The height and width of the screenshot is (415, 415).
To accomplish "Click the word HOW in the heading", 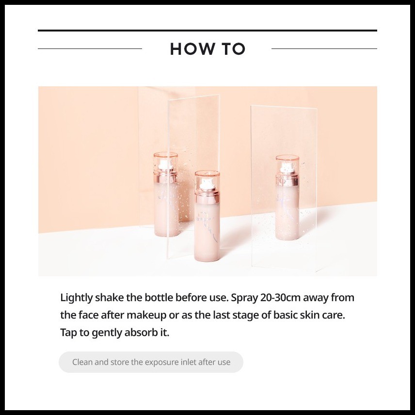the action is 192,49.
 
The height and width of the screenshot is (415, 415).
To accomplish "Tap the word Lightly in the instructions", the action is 76,298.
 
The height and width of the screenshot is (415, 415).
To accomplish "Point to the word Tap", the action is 68,333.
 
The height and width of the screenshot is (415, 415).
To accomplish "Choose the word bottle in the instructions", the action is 159,298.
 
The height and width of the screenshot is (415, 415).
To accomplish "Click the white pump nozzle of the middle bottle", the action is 207,184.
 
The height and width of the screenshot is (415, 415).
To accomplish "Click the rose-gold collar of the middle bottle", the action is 207,197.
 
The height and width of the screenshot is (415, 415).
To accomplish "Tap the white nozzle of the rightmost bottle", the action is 287,168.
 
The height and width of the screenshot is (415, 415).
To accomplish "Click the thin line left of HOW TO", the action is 90,48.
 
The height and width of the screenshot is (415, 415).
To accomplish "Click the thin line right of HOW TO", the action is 324,48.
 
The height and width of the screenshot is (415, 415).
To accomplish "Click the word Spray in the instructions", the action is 244,298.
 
